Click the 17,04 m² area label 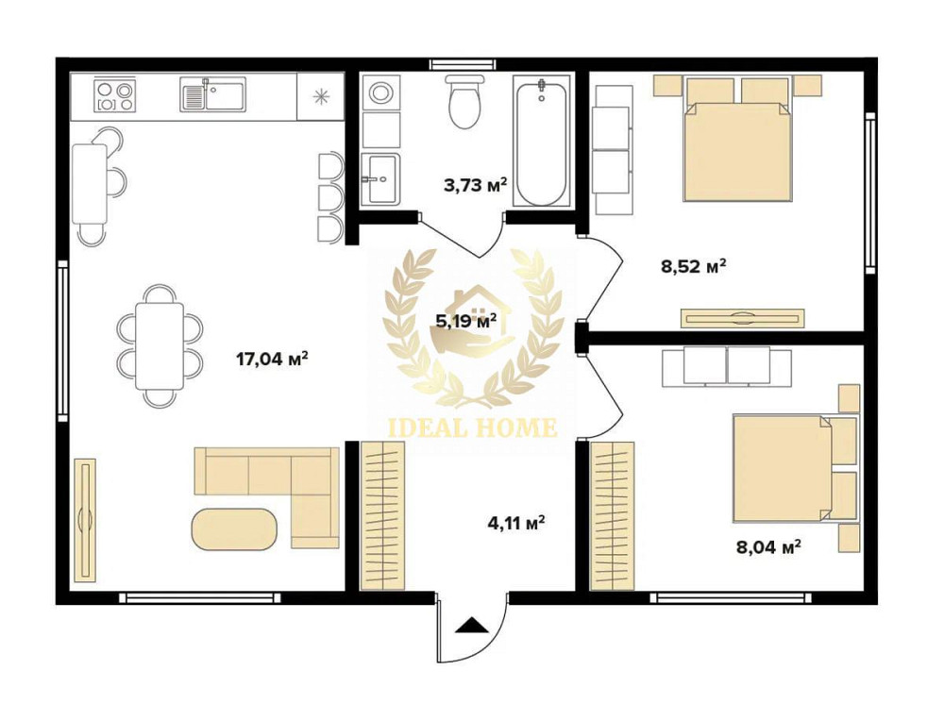click(273, 360)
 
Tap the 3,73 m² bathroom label click(475, 184)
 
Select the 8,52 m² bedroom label click(693, 265)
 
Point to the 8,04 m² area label click(768, 546)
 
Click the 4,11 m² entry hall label click(516, 522)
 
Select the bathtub click(542, 141)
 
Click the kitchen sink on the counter click(212, 95)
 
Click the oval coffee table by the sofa click(235, 528)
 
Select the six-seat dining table click(160, 346)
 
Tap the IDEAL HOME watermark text click(470, 427)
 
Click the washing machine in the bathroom click(381, 92)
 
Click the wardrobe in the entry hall click(382, 515)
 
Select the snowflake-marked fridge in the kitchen click(321, 95)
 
